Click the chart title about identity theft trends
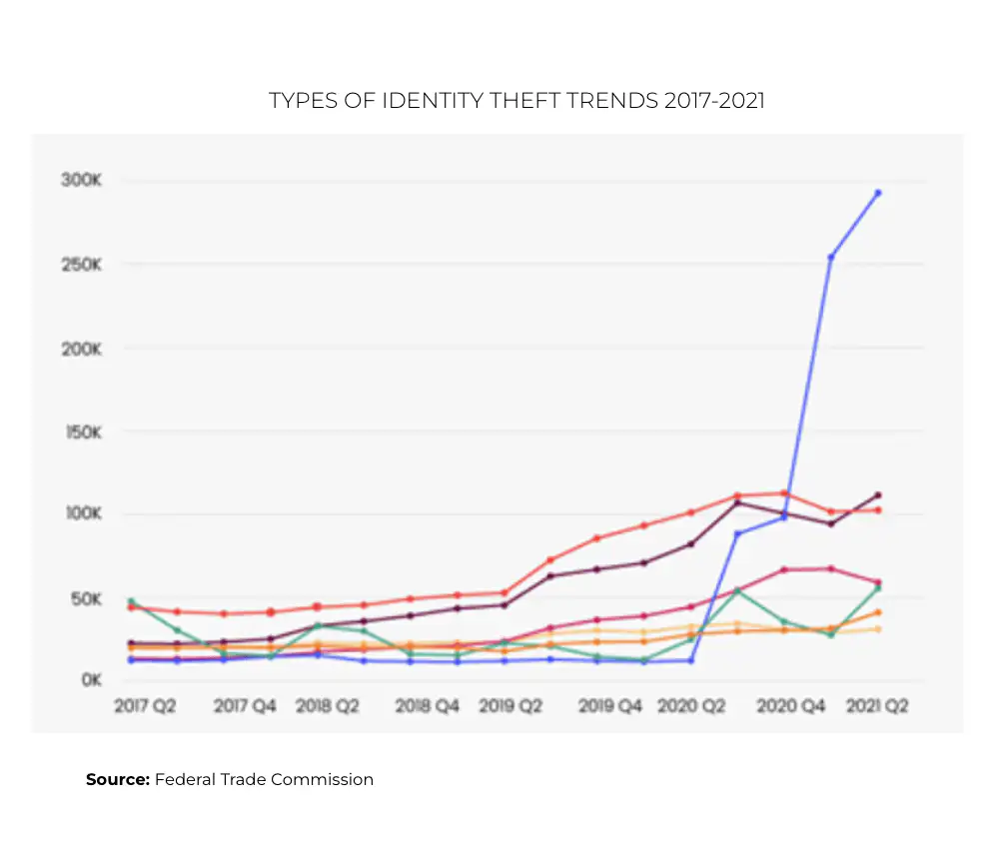click(x=516, y=101)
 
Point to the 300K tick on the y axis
click(x=83, y=181)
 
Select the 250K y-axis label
click(x=83, y=265)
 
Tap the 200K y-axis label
click(x=83, y=349)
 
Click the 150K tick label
click(x=83, y=432)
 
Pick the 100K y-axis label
click(x=83, y=514)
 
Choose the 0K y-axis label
click(x=89, y=680)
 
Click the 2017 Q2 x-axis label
click(x=145, y=706)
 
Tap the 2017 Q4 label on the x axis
click(x=244, y=706)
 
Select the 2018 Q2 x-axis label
click(x=328, y=706)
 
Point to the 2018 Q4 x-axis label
click(x=427, y=706)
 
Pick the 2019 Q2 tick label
click(x=510, y=706)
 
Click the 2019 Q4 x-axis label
click(x=610, y=706)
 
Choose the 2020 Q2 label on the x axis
click(x=691, y=706)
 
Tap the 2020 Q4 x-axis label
click(x=790, y=706)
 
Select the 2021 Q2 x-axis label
click(x=877, y=706)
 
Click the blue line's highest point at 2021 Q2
click(x=878, y=193)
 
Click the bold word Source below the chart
click(x=117, y=779)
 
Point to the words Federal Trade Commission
click(x=264, y=779)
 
